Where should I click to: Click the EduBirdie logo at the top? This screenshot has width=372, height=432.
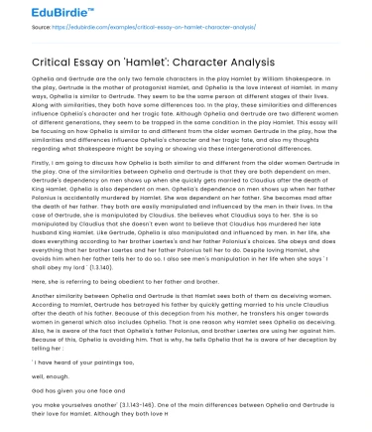pyautogui.click(x=41, y=12)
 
